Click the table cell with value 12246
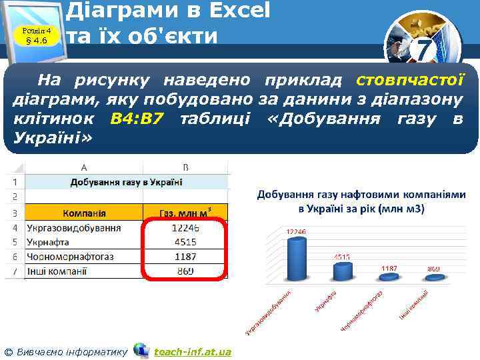pos(187,228)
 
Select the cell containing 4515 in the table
pos(187,242)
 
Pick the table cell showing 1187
pos(187,257)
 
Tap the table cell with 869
pos(187,271)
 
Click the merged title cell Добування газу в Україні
pos(127,182)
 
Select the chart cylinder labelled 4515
pos(343,271)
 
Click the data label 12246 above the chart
pos(296,231)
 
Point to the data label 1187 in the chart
pos(389,267)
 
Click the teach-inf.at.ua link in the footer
pos(192,351)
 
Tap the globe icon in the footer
pos(141,350)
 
